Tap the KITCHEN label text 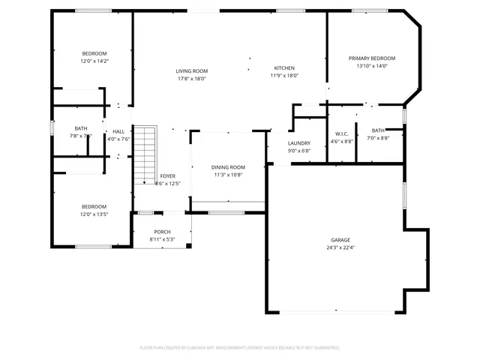[284, 67]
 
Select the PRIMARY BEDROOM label [372, 58]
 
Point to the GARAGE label [339, 240]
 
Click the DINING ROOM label [228, 167]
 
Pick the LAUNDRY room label [299, 142]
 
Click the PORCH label [162, 232]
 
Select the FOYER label [168, 175]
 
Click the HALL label [118, 131]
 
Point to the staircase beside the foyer [145, 155]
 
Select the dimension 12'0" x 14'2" [94, 61]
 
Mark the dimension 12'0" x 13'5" [94, 214]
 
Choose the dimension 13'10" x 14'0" [372, 66]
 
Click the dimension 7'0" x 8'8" [378, 138]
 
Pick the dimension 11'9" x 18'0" [284, 75]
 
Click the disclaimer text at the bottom [240, 347]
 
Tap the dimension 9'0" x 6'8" [299, 150]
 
